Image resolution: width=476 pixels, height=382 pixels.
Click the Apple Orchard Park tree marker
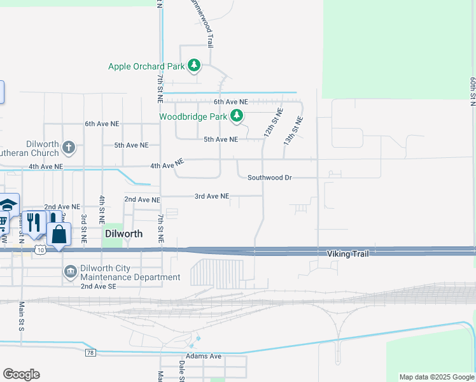tap(194, 66)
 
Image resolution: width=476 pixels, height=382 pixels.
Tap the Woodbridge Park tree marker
tap(237, 116)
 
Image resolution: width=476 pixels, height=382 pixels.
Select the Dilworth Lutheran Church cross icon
tap(69, 148)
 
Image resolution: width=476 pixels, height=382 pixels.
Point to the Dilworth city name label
tap(123, 234)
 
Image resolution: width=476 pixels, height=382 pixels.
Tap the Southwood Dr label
tap(269, 178)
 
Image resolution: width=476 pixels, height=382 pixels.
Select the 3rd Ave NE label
tap(211, 196)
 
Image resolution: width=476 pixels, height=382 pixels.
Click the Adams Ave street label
tap(204, 356)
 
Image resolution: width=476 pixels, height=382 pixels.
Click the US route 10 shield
tap(40, 250)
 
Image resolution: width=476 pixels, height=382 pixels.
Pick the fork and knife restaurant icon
tap(34, 222)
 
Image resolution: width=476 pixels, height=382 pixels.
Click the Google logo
tap(21, 374)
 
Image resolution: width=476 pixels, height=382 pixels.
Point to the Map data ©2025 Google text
tap(436, 377)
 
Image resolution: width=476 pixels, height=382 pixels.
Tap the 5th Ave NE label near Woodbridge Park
tap(220, 139)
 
